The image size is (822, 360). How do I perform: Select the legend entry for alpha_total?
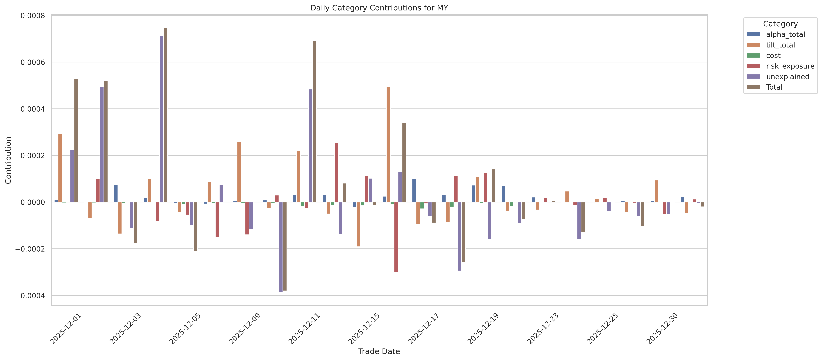tap(785, 34)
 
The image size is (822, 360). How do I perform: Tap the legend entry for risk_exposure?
tap(790, 66)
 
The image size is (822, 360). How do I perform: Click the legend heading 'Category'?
tap(780, 24)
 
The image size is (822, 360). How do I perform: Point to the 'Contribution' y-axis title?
tap(8, 160)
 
